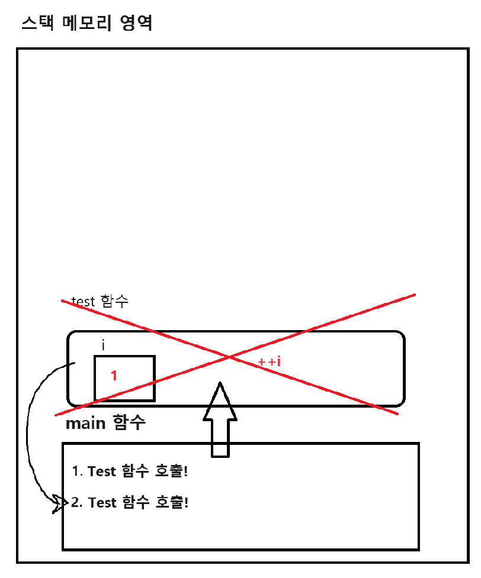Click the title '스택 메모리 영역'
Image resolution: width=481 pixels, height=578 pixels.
86,24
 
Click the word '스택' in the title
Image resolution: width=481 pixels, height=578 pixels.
34,24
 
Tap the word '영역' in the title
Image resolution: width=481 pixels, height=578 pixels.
136,24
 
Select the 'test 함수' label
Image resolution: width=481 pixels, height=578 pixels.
100,301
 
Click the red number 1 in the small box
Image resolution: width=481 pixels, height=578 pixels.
114,375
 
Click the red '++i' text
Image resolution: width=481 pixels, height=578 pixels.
269,361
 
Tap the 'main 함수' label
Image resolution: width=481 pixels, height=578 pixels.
105,424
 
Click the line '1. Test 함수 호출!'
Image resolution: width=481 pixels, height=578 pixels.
130,472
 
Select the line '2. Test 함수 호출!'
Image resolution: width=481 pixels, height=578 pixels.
130,503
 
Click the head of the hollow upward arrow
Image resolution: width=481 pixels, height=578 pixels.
220,402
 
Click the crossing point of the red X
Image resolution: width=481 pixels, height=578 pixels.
230,357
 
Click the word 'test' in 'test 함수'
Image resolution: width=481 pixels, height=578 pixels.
82,301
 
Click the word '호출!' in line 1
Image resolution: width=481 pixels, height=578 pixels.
172,472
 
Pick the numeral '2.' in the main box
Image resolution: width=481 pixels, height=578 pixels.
77,503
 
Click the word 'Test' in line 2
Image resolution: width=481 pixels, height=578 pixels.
102,503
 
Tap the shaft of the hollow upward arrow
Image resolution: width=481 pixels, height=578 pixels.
220,438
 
